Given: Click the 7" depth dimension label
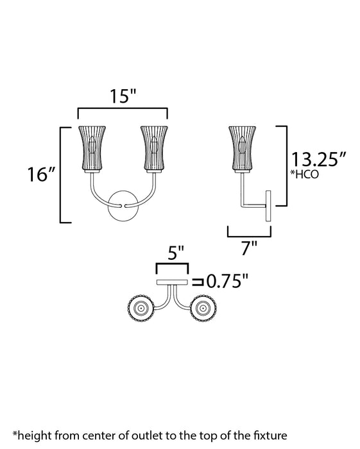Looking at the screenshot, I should [x=250, y=248].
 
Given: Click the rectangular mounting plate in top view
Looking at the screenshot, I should [x=172, y=282].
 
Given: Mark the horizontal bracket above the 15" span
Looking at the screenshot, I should [x=122, y=112].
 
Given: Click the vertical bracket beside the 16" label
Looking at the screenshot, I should [x=62, y=174].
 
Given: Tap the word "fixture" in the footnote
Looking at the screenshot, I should [x=277, y=436].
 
